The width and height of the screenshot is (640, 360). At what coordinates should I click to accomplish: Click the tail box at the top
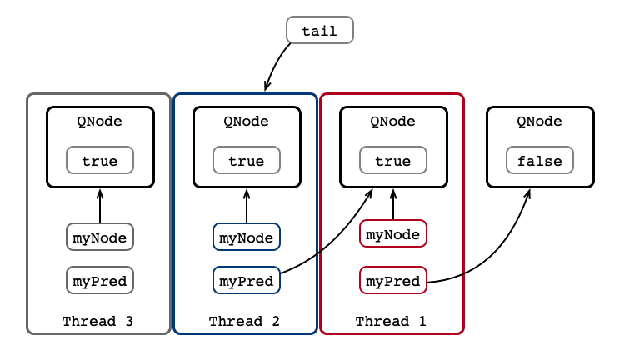click(320, 30)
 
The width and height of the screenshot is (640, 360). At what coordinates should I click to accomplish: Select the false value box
click(540, 160)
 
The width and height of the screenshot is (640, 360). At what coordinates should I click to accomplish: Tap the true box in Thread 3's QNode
click(100, 160)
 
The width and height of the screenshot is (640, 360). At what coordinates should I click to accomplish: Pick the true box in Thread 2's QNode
click(246, 160)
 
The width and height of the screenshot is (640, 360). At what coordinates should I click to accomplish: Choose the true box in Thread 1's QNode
click(393, 160)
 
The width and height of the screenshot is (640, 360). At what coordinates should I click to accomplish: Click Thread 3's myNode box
click(100, 237)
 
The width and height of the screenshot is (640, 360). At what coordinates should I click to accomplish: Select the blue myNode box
click(246, 237)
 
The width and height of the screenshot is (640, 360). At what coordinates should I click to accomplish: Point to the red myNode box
click(393, 233)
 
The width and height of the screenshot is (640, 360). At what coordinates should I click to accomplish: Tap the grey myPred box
click(100, 280)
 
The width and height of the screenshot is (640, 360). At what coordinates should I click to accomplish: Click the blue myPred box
click(246, 280)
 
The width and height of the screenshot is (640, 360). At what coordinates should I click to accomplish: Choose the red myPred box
click(393, 280)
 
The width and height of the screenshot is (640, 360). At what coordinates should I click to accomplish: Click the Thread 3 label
click(97, 321)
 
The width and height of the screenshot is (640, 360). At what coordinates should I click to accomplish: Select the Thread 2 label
click(244, 321)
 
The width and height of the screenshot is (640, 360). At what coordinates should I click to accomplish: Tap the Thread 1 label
click(391, 321)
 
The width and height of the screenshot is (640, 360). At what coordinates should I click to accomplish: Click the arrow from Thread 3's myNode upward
click(100, 206)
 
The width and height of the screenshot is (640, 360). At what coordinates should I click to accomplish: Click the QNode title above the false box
click(540, 121)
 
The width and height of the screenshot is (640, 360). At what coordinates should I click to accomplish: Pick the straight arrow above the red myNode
click(393, 204)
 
